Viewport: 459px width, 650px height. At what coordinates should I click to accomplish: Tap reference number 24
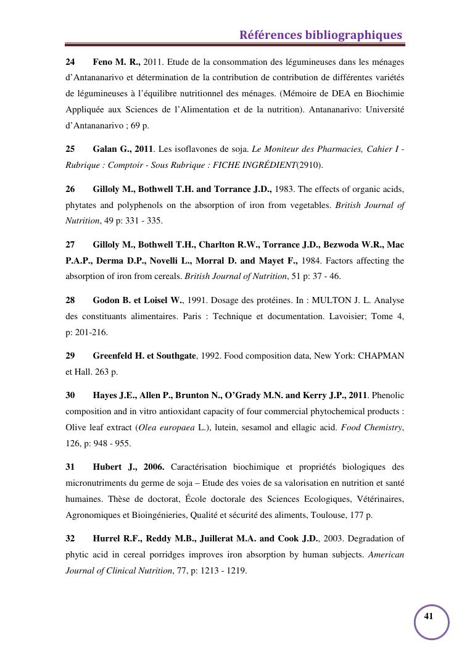(x=70, y=62)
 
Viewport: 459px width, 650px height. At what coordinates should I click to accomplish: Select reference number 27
(x=70, y=244)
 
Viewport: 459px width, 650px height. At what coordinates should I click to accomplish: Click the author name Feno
(x=104, y=62)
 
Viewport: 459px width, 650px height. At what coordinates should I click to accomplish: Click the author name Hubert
(x=107, y=467)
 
